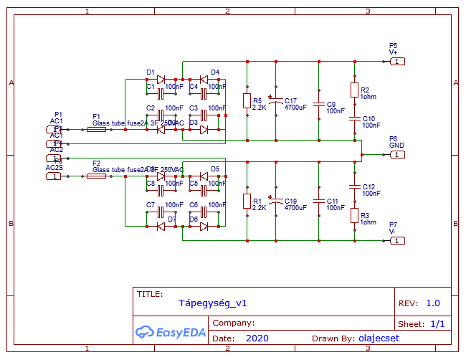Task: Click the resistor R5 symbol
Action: [247, 101]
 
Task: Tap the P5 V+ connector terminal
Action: [397, 62]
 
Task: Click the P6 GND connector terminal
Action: [397, 154]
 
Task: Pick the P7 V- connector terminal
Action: [397, 240]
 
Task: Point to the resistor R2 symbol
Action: [354, 90]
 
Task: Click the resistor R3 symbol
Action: [354, 215]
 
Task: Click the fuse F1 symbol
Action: [96, 130]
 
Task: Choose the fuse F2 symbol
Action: [96, 176]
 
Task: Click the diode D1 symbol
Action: [161, 79]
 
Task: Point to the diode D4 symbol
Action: [204, 79]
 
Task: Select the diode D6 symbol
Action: [204, 227]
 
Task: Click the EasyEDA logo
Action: [171, 332]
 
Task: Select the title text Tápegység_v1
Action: [213, 303]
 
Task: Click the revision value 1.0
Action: [433, 303]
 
